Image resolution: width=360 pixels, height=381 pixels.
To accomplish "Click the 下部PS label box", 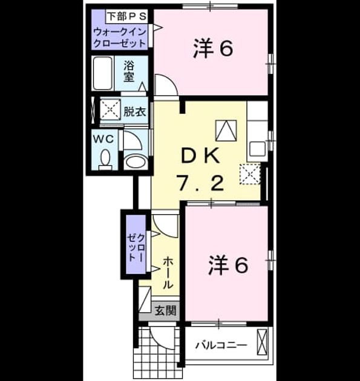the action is (127, 16).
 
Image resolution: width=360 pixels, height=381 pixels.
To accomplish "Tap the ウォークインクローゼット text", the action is (120, 37).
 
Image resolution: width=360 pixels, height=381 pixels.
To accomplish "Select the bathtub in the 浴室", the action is (103, 73).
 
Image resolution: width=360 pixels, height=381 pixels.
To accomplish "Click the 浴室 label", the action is (129, 71).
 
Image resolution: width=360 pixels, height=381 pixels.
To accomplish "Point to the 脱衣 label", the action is (135, 111).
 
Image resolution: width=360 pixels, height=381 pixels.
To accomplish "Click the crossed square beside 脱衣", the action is (110, 109).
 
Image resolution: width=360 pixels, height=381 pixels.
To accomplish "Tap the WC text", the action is (104, 139).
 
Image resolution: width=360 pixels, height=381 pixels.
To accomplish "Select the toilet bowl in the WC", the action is (105, 159).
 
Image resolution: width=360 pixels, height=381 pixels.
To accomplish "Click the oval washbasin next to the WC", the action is (136, 161).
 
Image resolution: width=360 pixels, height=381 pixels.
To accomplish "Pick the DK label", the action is (201, 157).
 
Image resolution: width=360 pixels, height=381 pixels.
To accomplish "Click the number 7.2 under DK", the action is (201, 183).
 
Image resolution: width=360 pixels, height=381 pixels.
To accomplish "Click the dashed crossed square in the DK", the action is (250, 174).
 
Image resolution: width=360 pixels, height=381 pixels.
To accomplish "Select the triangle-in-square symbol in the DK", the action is (226, 131).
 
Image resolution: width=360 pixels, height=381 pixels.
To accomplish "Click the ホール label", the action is (168, 273).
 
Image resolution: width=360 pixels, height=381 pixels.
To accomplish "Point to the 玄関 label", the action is (166, 310).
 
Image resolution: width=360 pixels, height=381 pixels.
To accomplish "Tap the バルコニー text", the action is (221, 345).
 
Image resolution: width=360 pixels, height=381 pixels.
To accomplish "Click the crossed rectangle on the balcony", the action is (262, 342).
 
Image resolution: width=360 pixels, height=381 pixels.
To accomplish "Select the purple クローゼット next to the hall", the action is (136, 244).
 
